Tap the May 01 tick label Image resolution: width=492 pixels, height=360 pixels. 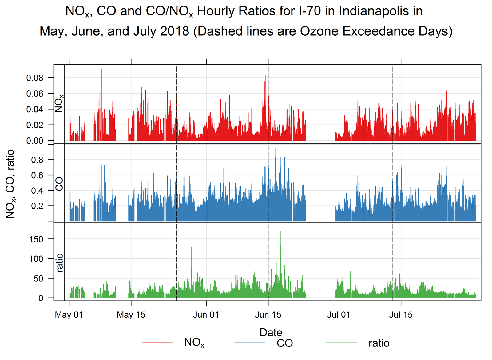coord(69,315)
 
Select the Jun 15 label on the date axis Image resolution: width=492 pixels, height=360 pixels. coord(268,315)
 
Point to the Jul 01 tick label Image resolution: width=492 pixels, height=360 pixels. coord(339,315)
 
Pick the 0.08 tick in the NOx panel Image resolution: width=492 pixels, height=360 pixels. coord(35,78)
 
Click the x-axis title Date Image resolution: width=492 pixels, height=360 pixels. coord(271,332)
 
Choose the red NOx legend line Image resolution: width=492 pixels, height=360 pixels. coord(157,343)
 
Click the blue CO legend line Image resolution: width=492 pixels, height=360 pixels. coord(249,343)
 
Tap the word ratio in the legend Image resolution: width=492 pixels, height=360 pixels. coord(379,343)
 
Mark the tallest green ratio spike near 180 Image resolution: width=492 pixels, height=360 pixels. coord(280,228)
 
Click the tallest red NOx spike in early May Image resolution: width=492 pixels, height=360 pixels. coord(101,70)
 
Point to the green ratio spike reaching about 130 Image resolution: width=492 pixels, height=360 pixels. coord(192,248)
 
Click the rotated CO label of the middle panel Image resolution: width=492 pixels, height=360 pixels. coord(59,184)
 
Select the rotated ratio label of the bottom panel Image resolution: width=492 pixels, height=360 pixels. coord(59,263)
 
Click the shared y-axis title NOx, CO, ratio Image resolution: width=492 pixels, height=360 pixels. coord(10,184)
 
